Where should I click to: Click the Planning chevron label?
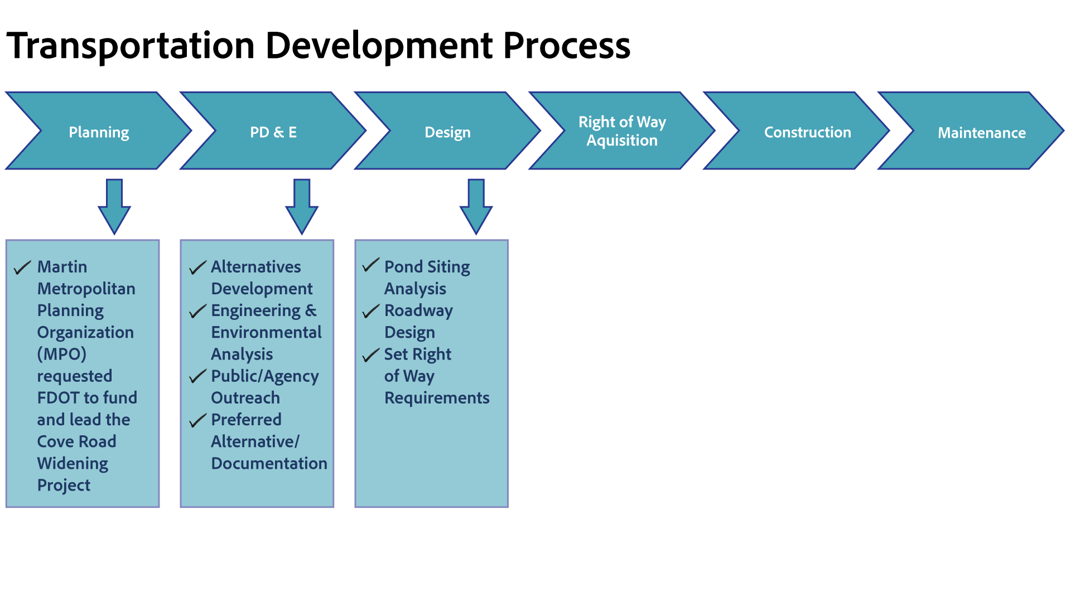[99, 132]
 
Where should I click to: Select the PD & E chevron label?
[273, 132]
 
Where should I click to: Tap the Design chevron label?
[447, 132]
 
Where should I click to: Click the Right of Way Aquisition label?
[622, 131]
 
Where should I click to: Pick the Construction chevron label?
[807, 132]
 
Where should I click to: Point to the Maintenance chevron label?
[981, 133]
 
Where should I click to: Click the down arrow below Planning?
[114, 206]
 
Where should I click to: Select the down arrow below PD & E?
[302, 206]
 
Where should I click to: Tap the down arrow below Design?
[476, 206]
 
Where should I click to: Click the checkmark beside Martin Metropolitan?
[22, 268]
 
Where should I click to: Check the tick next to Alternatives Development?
[197, 268]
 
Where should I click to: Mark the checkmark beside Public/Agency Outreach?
[197, 376]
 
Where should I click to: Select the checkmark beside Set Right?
[371, 355]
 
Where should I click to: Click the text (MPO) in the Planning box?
[61, 354]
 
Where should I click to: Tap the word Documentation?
[269, 463]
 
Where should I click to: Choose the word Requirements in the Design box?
[437, 398]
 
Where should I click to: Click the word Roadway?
[418, 310]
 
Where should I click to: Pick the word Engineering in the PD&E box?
[255, 310]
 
